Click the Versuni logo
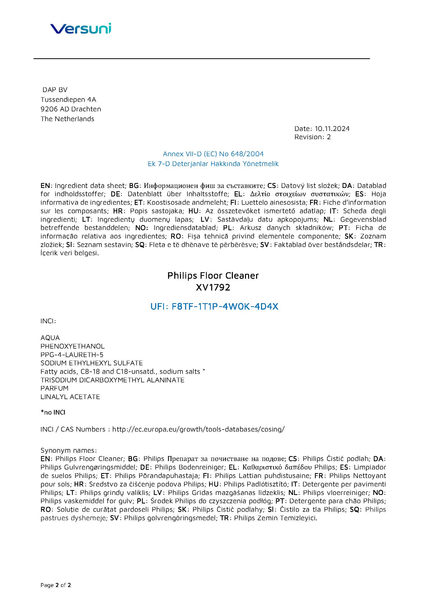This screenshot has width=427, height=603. pyautogui.click(x=81, y=28)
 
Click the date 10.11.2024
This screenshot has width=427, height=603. pyautogui.click(x=332, y=128)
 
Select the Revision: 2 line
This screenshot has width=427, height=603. pyautogui.click(x=312, y=137)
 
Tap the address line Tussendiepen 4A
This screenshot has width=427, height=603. pyautogui.click(x=68, y=100)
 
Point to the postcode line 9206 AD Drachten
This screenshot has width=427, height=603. pyautogui.click(x=71, y=109)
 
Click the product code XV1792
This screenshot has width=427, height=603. pyautogui.click(x=213, y=287)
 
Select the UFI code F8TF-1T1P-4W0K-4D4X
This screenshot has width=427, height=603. pyautogui.click(x=225, y=307)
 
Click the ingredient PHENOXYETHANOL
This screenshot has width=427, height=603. pyautogui.click(x=73, y=346)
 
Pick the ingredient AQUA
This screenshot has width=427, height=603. pyautogui.click(x=50, y=338)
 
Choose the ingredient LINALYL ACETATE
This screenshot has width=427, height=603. pyautogui.click(x=70, y=397)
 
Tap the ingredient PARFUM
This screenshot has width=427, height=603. pyautogui.click(x=54, y=388)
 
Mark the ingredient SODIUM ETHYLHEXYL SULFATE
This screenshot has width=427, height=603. pyautogui.click(x=91, y=363)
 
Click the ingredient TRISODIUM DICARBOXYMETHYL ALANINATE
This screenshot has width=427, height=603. pyautogui.click(x=113, y=380)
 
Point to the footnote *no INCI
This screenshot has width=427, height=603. pyautogui.click(x=53, y=412)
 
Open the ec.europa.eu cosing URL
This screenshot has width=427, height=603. pyautogui.click(x=198, y=429)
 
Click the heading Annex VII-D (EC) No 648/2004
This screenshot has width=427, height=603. pyautogui.click(x=213, y=154)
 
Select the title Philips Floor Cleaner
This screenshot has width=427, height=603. pyautogui.click(x=213, y=276)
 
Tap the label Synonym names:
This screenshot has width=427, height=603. pyautogui.click(x=69, y=450)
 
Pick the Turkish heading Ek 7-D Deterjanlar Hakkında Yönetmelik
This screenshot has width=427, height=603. pyautogui.click(x=213, y=164)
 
